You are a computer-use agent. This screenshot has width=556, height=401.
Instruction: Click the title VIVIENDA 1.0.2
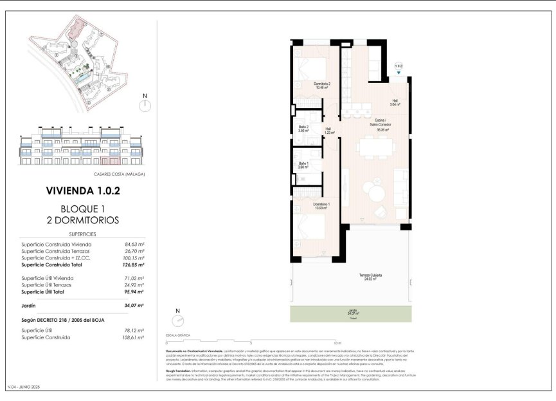[x=82, y=191]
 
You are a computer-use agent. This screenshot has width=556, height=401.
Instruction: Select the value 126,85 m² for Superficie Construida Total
[x=131, y=265]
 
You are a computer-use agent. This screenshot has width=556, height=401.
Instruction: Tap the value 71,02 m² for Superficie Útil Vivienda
[x=132, y=277]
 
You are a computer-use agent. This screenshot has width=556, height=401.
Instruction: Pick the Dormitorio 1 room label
[x=322, y=206]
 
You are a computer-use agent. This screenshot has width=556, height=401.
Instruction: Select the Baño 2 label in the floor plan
[x=304, y=128]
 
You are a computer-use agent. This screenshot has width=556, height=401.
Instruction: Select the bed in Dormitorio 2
[x=313, y=68]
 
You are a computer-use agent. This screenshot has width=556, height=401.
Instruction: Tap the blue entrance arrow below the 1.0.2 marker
[x=399, y=73]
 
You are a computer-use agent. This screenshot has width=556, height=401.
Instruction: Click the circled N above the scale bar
[x=179, y=321]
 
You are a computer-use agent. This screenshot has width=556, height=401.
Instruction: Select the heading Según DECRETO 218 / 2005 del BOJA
[x=63, y=320]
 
